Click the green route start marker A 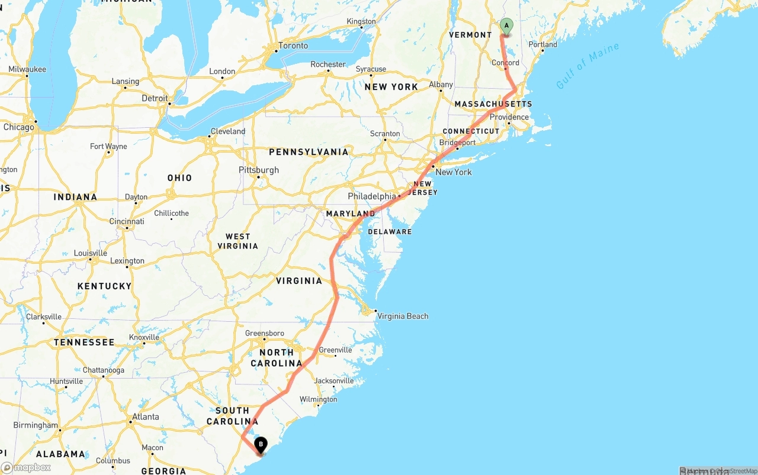tap(506, 25)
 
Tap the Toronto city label tap(293, 46)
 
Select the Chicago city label tap(18, 127)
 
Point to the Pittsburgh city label tap(259, 170)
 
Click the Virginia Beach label tap(403, 316)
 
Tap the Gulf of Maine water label tap(587, 66)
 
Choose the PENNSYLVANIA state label tap(309, 152)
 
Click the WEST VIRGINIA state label tap(237, 241)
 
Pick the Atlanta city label tap(146, 416)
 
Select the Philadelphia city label tap(371, 196)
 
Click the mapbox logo tap(26, 467)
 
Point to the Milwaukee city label tap(27, 69)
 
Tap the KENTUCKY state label tap(104, 286)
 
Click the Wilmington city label tap(318, 399)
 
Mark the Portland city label tap(542, 44)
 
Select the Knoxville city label tap(144, 337)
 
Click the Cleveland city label tap(228, 131)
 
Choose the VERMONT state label tap(470, 35)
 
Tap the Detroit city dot tap(169, 104)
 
